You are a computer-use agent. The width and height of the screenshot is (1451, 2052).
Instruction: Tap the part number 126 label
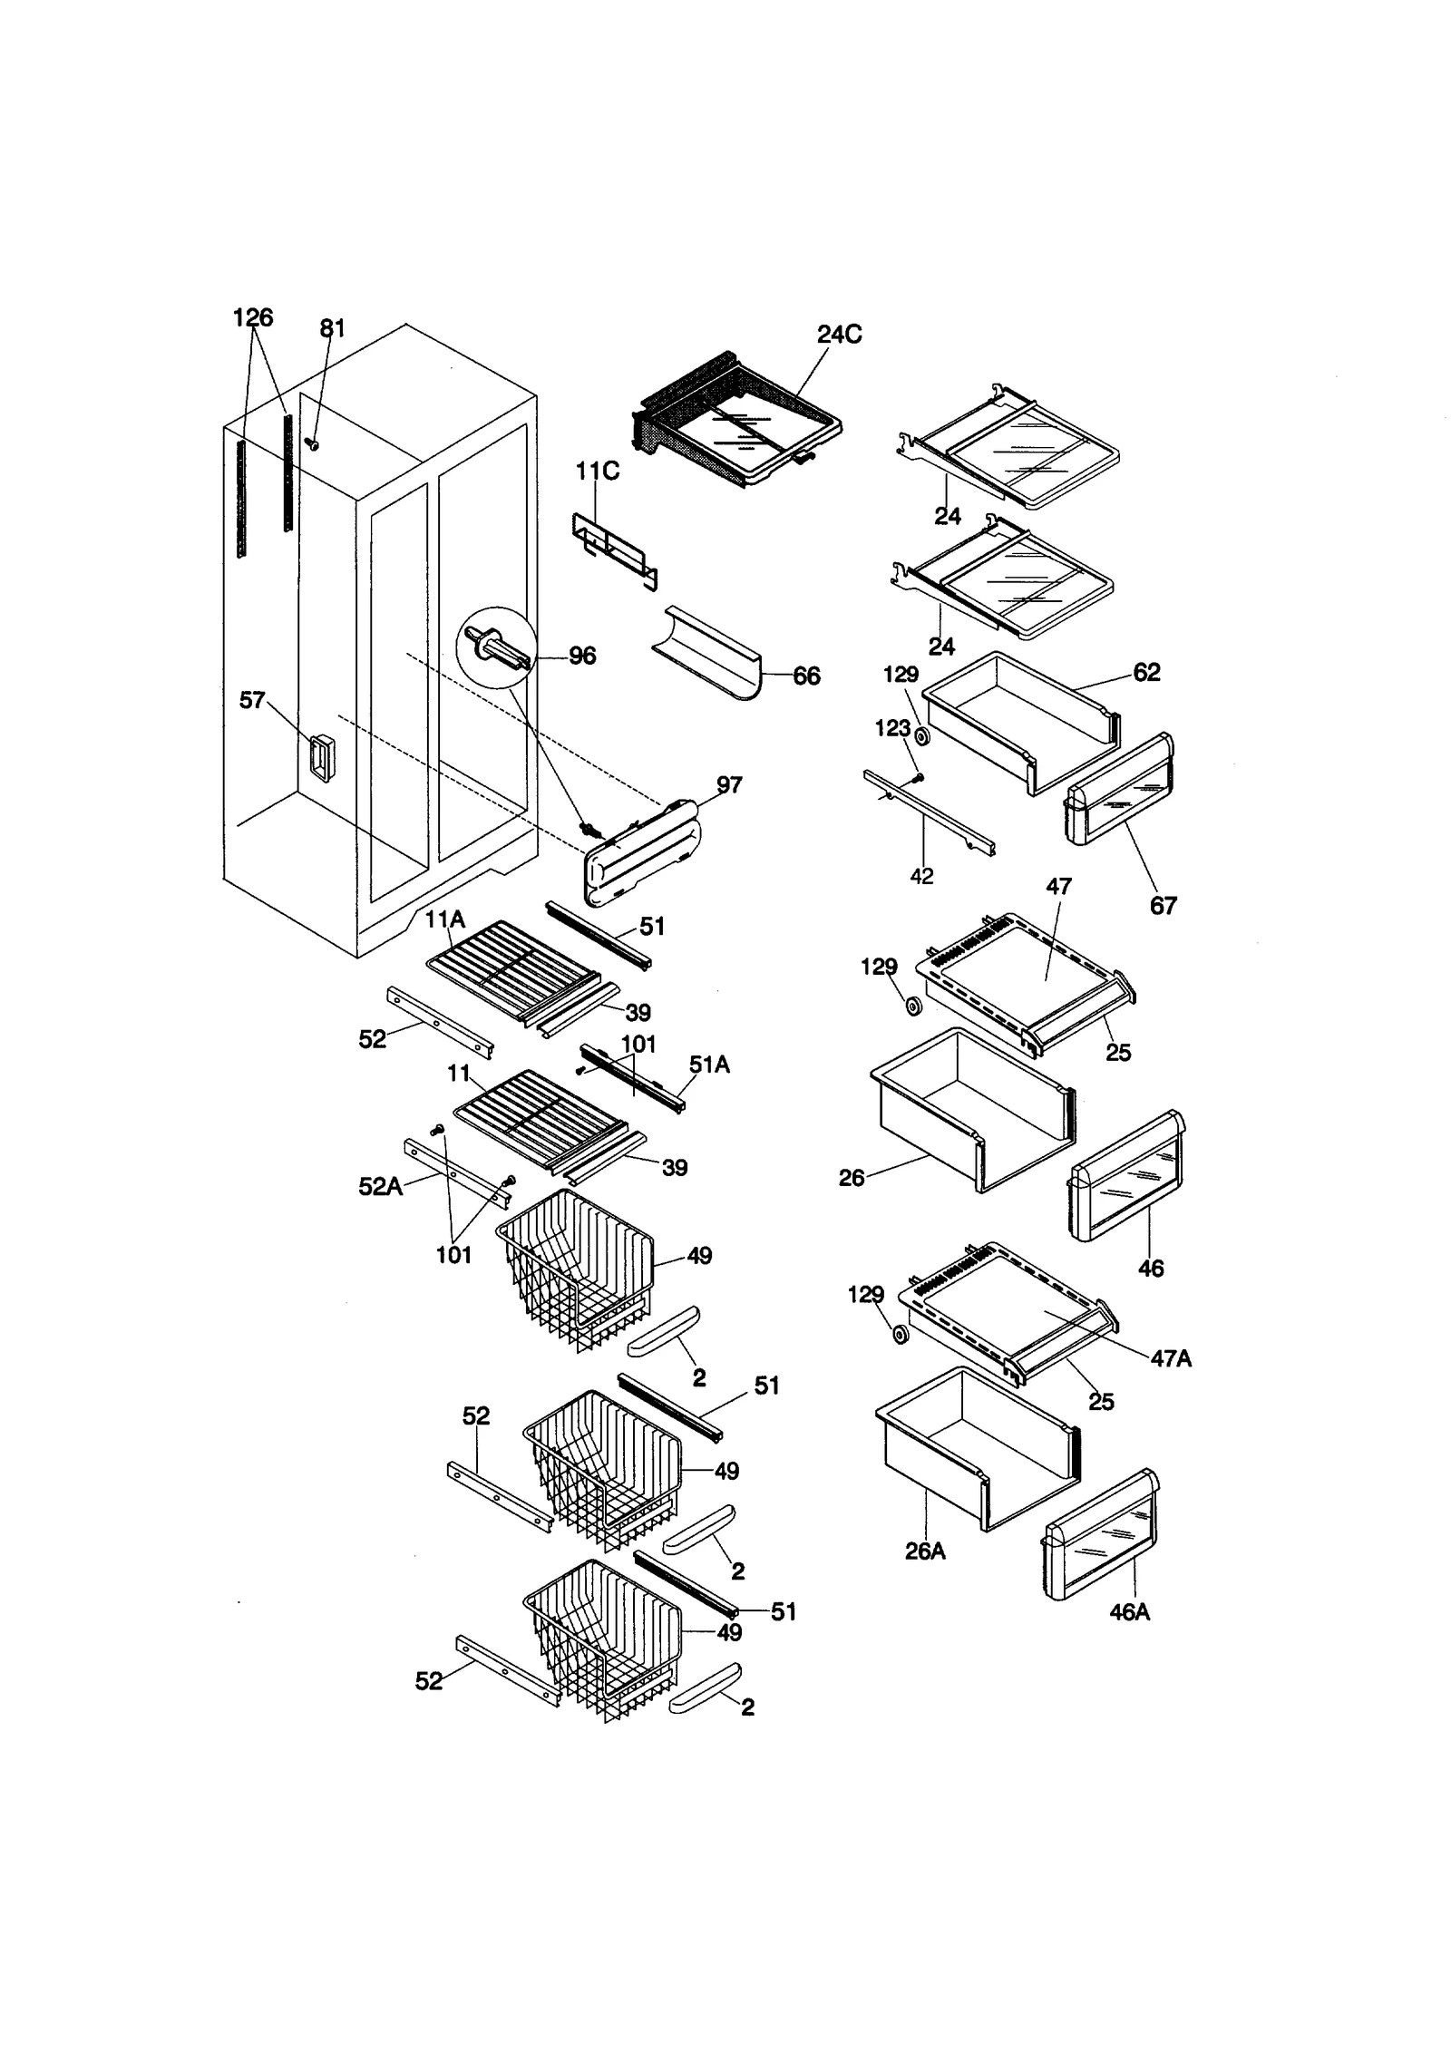click(252, 317)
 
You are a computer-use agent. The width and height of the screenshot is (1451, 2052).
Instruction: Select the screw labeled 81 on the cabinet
click(312, 444)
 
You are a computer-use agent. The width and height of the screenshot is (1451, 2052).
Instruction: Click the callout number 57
click(252, 700)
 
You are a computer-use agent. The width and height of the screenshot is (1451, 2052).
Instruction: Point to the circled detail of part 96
click(495, 649)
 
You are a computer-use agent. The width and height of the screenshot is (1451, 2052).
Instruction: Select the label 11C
click(598, 472)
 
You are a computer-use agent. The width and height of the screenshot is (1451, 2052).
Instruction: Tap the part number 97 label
click(728, 784)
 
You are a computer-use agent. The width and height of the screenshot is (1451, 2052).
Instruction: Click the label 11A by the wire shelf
click(444, 919)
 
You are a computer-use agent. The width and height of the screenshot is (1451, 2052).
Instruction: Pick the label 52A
click(380, 1186)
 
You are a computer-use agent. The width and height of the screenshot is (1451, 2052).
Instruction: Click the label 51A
click(709, 1064)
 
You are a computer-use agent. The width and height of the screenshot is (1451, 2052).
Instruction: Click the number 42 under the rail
click(920, 876)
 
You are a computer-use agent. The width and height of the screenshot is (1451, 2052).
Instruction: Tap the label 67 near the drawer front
click(1163, 905)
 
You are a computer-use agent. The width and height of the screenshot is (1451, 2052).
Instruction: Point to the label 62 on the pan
click(1146, 672)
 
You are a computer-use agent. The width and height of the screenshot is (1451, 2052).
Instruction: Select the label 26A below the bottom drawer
click(925, 1551)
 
